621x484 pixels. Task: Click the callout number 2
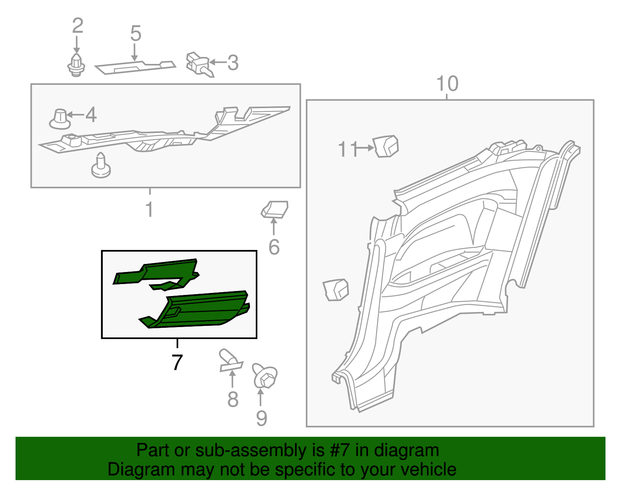[78, 26]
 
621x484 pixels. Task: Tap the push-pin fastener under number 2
[76, 65]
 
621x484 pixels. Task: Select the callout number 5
[135, 34]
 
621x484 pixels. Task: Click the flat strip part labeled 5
[135, 67]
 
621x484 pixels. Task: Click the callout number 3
[232, 63]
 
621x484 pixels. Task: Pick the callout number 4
[91, 115]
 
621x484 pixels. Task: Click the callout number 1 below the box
[149, 209]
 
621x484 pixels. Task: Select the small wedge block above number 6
[275, 209]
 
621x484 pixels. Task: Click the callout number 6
[274, 247]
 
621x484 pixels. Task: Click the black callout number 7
[177, 362]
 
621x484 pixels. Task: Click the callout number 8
[232, 399]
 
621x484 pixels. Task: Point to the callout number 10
[447, 84]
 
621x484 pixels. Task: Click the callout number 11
[347, 149]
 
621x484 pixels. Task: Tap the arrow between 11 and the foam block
[365, 148]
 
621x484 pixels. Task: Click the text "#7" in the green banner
[340, 450]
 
